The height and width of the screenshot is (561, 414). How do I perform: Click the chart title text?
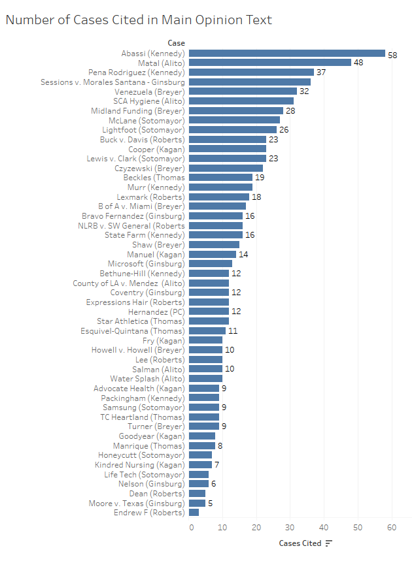[138, 20]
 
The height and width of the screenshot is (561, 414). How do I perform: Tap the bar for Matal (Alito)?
[270, 63]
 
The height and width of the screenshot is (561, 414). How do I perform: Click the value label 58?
[392, 55]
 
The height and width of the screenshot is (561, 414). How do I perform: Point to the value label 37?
[320, 72]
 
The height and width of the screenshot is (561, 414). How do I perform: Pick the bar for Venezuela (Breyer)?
[243, 91]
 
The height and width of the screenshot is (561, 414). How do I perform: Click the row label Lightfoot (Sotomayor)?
[143, 130]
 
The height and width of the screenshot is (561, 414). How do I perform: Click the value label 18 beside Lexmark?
[256, 197]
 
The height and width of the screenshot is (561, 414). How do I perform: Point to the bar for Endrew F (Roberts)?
[194, 513]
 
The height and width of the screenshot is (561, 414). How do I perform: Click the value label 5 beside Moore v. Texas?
[210, 504]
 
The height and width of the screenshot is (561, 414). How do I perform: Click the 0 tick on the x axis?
[191, 527]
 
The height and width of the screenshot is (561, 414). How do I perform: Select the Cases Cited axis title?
[300, 543]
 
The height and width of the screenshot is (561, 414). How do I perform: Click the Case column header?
[175, 43]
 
